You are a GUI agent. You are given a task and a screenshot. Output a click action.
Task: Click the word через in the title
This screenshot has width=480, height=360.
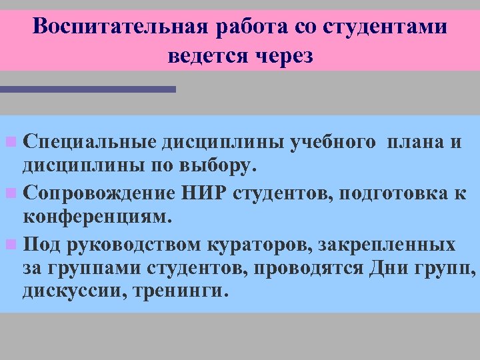click(x=283, y=57)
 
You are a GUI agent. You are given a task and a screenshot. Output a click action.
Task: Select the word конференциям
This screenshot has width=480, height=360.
click(x=97, y=216)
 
